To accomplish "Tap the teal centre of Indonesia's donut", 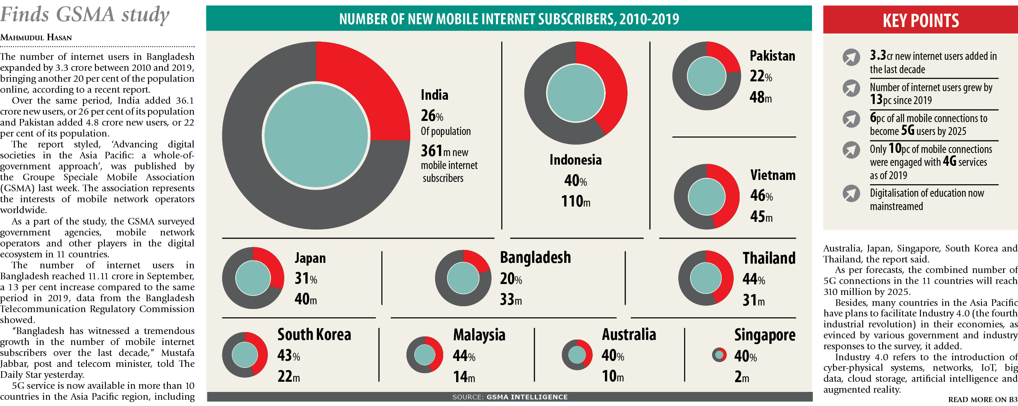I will coord(576,93).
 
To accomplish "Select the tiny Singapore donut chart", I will coord(719,355).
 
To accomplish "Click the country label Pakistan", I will coord(772,56).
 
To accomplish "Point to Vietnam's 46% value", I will coord(761,196).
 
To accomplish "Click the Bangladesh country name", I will coord(535,257).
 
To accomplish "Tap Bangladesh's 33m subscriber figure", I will coord(511,300).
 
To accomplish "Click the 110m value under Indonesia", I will coord(576,201).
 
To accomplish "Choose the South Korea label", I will coord(314,334).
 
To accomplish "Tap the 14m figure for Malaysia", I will coord(464,377).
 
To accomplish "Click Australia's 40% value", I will coord(612,356).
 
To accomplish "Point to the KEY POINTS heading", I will coord(921,21).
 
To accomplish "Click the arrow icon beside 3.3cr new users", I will coord(851,57).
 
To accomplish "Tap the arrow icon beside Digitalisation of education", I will coord(851,194).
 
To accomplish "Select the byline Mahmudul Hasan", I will coord(36,38).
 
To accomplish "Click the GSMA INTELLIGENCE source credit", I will coord(527,397).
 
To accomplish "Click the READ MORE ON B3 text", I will coord(982,399).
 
